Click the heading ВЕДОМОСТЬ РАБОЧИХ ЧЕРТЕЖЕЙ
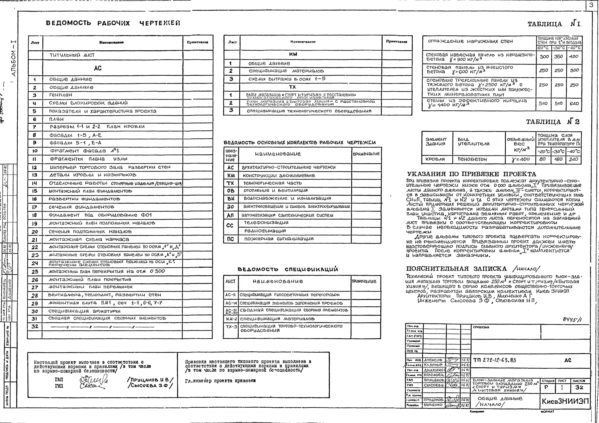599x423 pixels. coord(113,23)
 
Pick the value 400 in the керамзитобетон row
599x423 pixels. coord(574,56)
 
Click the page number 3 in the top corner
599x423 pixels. coord(591,5)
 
